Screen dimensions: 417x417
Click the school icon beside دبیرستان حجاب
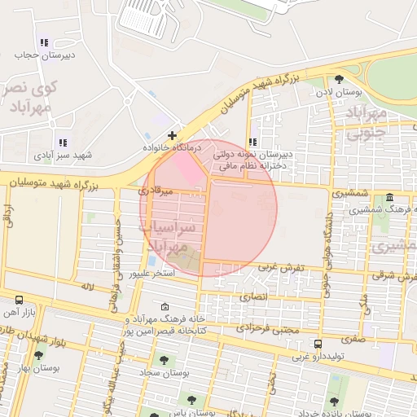(44, 42)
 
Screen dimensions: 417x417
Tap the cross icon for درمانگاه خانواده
(172, 135)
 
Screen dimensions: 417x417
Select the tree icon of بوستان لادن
(339, 79)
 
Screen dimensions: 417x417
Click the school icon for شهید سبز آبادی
(63, 143)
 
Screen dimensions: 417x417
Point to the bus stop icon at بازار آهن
(19, 301)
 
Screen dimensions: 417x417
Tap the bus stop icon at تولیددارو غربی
(318, 344)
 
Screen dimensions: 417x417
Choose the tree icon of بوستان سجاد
(164, 359)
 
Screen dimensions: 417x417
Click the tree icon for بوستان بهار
(38, 356)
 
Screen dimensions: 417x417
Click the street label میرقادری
(156, 191)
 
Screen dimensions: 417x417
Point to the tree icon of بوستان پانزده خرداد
(333, 401)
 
